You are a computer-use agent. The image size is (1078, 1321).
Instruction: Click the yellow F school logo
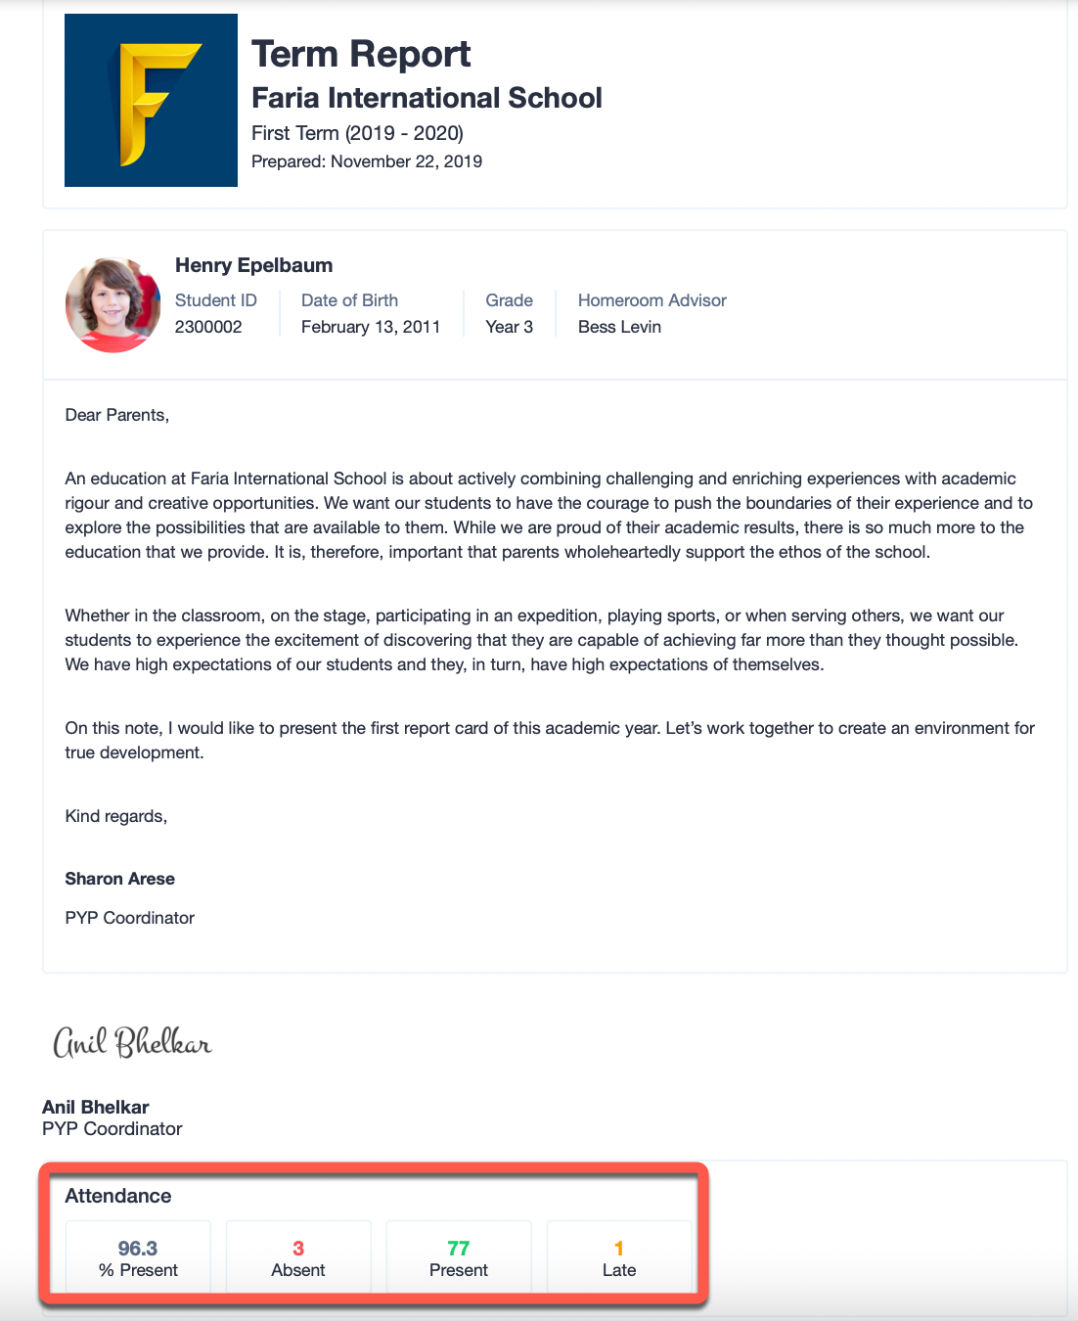[151, 101]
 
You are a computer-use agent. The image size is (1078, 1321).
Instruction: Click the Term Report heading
[361, 54]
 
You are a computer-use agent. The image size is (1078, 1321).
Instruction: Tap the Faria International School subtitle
[427, 98]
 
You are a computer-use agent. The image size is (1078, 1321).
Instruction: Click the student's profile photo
[112, 304]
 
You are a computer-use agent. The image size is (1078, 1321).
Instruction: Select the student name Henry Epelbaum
[253, 265]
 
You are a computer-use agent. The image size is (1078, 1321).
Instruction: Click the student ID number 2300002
[208, 327]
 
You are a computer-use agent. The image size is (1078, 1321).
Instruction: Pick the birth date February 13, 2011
[371, 327]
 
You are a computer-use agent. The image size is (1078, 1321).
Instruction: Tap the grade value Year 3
[509, 327]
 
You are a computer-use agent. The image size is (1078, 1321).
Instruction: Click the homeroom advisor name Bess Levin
[619, 327]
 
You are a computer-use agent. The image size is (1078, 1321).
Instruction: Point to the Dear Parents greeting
[117, 415]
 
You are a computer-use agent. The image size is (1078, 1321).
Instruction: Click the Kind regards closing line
[116, 816]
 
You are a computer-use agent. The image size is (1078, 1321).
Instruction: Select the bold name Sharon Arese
[120, 879]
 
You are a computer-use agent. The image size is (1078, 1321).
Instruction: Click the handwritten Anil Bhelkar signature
[132, 1042]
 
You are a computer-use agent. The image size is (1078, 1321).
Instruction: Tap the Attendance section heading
[118, 1196]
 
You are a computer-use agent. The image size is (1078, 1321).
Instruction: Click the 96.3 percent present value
[138, 1249]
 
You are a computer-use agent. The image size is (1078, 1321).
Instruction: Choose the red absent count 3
[298, 1249]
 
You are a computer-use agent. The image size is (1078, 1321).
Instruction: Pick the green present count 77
[459, 1249]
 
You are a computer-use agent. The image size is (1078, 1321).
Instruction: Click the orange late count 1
[619, 1249]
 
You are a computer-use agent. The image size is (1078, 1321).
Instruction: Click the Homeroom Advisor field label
[652, 300]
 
